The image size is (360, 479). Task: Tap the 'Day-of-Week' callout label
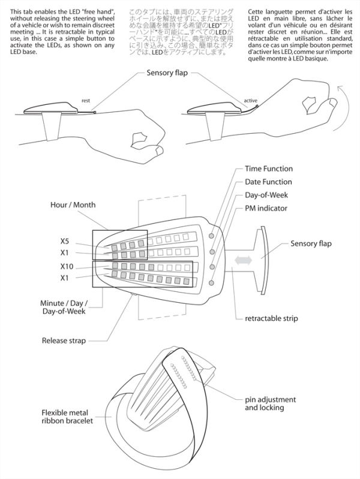(266, 195)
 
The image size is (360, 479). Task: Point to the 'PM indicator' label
(266, 209)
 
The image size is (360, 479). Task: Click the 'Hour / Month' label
(73, 205)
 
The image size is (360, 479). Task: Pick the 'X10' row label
(67, 266)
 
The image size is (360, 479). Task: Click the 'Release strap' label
(64, 341)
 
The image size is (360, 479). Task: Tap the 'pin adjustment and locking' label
(271, 403)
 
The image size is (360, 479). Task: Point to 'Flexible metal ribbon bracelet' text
(67, 418)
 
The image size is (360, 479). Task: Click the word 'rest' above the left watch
(86, 101)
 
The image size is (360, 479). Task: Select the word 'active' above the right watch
(250, 101)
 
